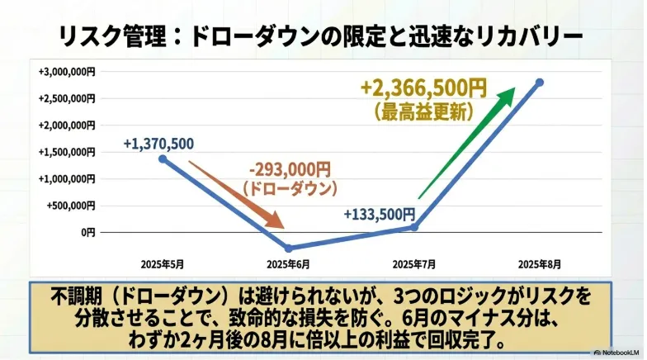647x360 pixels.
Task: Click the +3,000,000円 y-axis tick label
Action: coord(67,72)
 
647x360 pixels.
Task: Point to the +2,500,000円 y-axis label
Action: coord(67,99)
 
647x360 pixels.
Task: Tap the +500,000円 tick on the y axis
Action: coord(71,206)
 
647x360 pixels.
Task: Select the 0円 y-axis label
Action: coord(87,233)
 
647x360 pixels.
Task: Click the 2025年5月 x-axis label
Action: coord(162,264)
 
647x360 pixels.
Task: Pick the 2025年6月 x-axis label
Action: coord(288,264)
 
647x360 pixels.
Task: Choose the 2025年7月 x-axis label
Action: coord(414,264)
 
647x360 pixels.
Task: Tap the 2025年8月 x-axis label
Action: coord(540,264)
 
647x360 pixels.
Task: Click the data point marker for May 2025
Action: coord(163,159)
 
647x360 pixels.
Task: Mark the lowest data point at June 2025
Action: coord(289,248)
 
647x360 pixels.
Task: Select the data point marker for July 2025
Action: coord(414,226)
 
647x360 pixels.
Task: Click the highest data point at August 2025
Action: coord(540,83)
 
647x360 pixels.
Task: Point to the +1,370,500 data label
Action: coord(158,144)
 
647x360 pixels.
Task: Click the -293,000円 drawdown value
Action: coord(290,170)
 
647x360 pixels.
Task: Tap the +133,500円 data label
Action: coord(380,215)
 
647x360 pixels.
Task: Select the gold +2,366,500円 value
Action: coord(424,88)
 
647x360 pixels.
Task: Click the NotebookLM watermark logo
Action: coord(597,353)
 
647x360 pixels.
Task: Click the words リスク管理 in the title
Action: coord(112,37)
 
